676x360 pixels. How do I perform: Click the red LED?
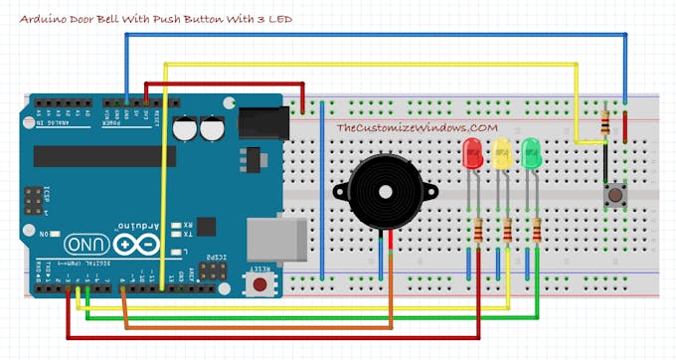tap(473, 152)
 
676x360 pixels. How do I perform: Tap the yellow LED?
tap(502, 153)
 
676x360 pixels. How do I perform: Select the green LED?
tap(531, 153)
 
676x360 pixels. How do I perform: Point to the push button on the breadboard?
tap(614, 195)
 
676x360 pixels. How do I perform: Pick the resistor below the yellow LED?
tap(507, 230)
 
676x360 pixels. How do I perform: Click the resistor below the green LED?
tap(536, 230)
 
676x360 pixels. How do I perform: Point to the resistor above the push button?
tap(606, 124)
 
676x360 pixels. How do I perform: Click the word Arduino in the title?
tap(46, 19)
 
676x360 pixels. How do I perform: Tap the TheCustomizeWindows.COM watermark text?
tap(417, 128)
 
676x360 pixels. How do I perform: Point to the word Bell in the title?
tap(115, 19)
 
